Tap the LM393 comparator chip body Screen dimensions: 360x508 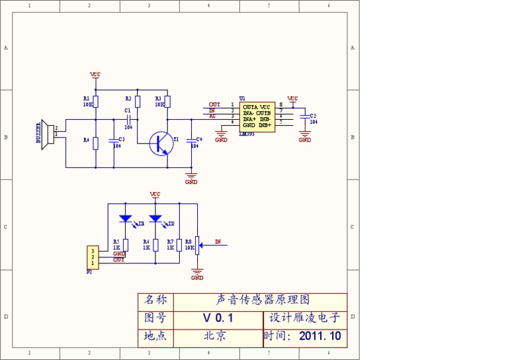(x=257, y=116)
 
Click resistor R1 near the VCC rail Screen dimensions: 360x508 (x=96, y=101)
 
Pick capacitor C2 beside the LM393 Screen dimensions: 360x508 (x=304, y=118)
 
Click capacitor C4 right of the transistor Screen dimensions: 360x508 (x=191, y=140)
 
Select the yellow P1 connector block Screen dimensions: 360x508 (x=93, y=257)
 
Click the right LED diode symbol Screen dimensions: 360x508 (x=155, y=218)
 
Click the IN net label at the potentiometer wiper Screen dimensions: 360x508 (x=218, y=242)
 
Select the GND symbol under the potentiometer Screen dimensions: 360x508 (x=196, y=271)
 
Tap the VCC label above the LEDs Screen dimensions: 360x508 (x=155, y=195)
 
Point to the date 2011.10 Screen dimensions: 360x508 (x=320, y=336)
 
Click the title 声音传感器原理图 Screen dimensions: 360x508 (x=263, y=300)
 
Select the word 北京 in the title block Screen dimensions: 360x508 (x=216, y=336)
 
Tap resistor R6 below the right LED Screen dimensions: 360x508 (x=155, y=245)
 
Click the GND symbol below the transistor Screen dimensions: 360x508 (x=191, y=176)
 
